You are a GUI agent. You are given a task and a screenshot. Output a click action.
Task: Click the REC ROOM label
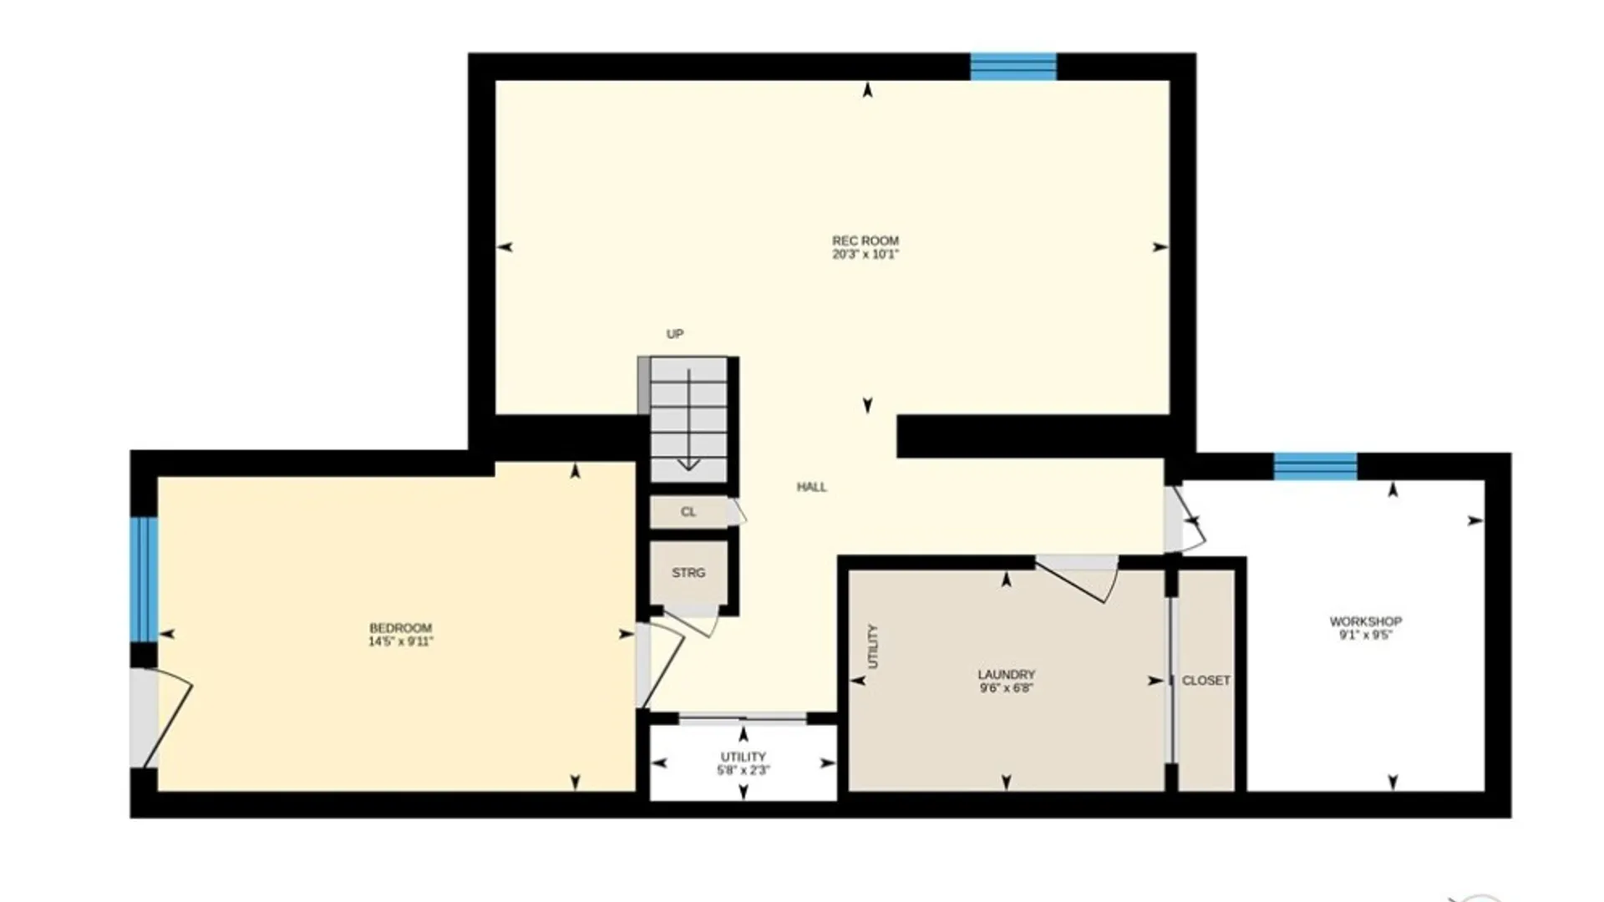(865, 241)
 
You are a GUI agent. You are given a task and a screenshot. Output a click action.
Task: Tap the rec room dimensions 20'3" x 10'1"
(865, 254)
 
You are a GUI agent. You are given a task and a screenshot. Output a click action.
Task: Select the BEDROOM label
(401, 628)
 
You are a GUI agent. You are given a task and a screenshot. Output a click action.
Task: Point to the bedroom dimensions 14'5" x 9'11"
(401, 641)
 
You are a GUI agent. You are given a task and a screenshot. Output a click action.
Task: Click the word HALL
(812, 487)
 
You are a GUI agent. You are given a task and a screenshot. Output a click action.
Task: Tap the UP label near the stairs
(675, 334)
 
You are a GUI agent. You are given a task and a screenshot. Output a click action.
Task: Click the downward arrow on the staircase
(688, 420)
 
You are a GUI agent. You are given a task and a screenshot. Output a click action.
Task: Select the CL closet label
(688, 512)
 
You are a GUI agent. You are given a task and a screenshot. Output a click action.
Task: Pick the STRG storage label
(688, 573)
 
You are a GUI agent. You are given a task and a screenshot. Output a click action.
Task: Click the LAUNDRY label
(1007, 675)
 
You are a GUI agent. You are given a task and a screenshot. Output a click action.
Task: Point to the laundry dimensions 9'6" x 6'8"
(1007, 688)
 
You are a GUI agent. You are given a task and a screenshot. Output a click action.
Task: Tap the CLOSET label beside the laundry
(1206, 681)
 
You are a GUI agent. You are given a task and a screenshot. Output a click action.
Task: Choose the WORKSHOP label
(1366, 621)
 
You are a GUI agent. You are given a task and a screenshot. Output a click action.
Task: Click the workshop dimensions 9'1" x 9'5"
(1366, 635)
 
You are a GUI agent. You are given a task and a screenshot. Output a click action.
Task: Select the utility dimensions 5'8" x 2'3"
(744, 770)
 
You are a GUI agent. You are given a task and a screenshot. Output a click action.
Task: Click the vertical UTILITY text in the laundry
(873, 646)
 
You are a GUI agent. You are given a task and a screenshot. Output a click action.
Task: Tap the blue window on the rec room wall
(1013, 67)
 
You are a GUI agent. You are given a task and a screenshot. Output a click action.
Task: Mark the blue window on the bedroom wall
(144, 580)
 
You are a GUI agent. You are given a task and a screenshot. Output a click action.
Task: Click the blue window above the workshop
(1316, 466)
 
